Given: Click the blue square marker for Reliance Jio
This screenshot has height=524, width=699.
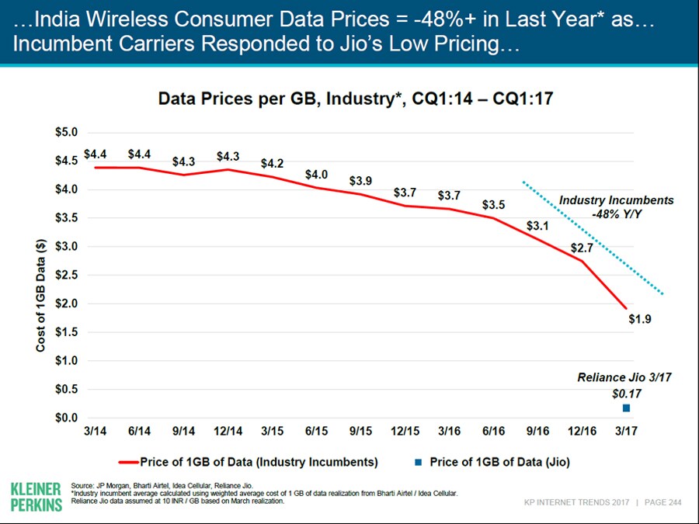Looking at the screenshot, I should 626,408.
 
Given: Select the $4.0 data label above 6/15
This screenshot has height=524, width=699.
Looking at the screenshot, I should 316,175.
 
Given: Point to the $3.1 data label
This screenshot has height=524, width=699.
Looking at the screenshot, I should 537,226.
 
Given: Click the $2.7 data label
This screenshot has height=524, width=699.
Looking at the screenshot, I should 582,248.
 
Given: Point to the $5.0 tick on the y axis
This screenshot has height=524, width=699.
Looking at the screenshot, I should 65,133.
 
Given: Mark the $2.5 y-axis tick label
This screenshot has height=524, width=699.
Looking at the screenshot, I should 65,275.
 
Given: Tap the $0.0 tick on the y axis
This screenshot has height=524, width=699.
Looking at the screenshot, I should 65,418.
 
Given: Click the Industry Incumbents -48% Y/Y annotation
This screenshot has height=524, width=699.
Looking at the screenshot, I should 616,207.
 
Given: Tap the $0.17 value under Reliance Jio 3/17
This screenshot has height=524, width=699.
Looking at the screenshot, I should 625,393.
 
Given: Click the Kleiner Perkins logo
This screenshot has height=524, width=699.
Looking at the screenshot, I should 36,496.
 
